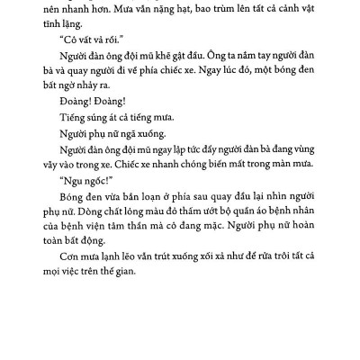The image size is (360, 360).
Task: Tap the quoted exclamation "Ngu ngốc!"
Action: coord(90,204)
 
